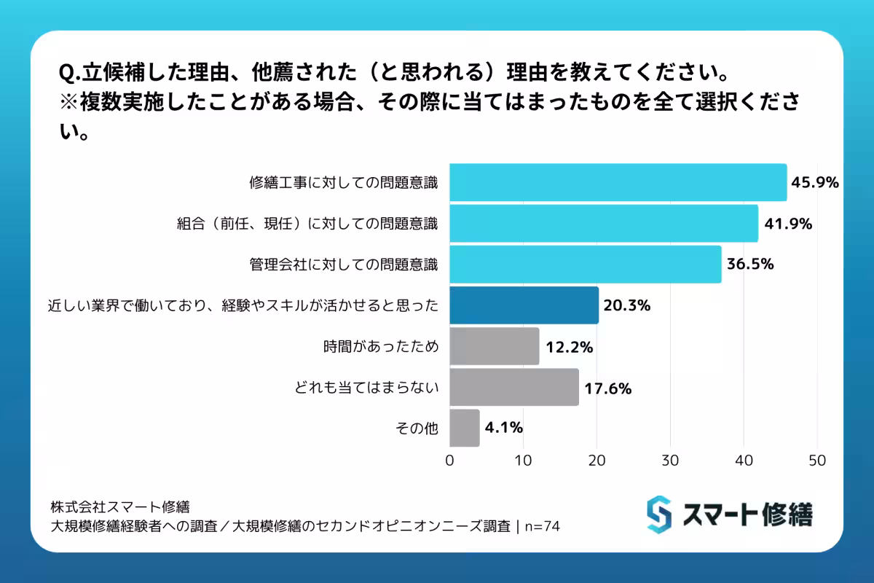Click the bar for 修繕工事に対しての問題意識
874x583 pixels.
click(x=618, y=183)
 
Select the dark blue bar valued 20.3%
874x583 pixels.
click(x=524, y=305)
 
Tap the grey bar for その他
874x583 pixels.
click(x=465, y=428)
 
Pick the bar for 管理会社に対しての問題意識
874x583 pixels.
click(x=585, y=265)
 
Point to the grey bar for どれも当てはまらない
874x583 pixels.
click(x=514, y=387)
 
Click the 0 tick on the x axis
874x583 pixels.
click(x=449, y=461)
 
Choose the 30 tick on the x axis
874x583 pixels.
click(x=670, y=461)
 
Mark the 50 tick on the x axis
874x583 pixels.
click(x=817, y=461)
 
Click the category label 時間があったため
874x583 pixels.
click(x=381, y=347)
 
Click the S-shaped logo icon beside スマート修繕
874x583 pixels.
click(x=658, y=514)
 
